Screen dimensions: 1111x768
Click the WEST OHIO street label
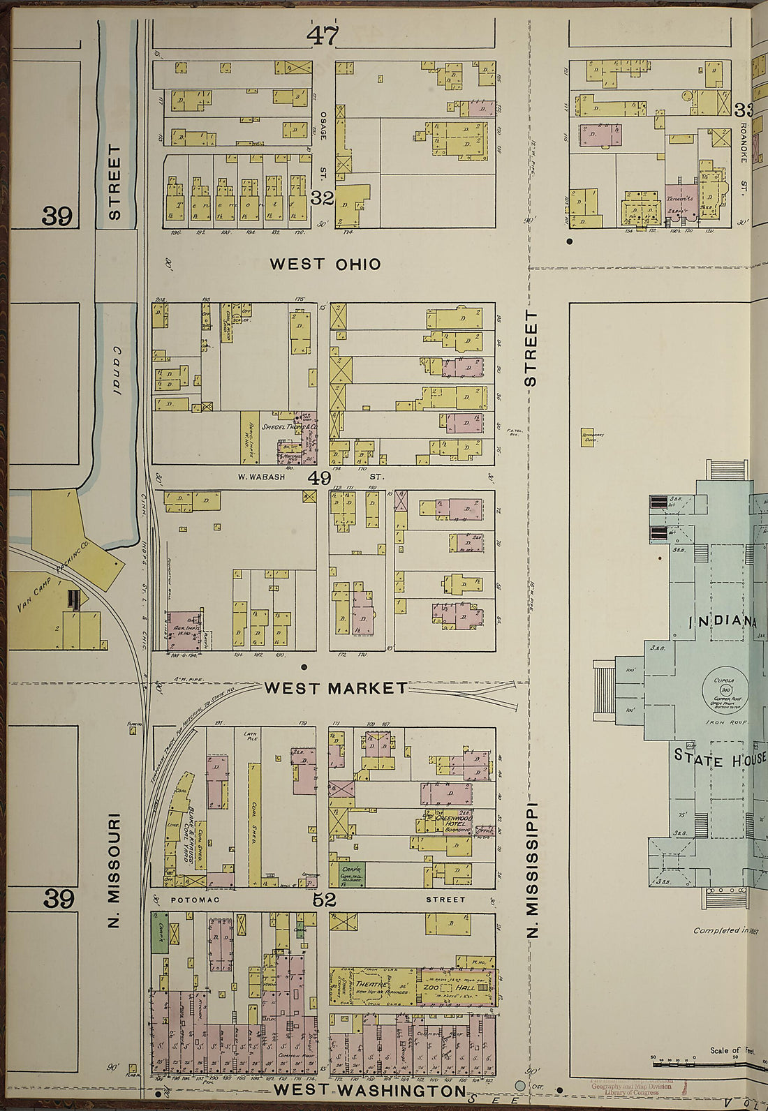click(325, 264)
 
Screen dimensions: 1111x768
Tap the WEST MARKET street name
click(336, 689)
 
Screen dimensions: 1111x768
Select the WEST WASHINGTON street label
click(369, 1090)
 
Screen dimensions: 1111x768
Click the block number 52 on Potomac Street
click(324, 901)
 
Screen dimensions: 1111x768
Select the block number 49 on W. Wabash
click(320, 479)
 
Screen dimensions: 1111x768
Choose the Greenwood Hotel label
click(459, 821)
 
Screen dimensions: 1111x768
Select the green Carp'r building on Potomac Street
click(353, 874)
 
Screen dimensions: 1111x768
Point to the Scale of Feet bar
click(705, 1059)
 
